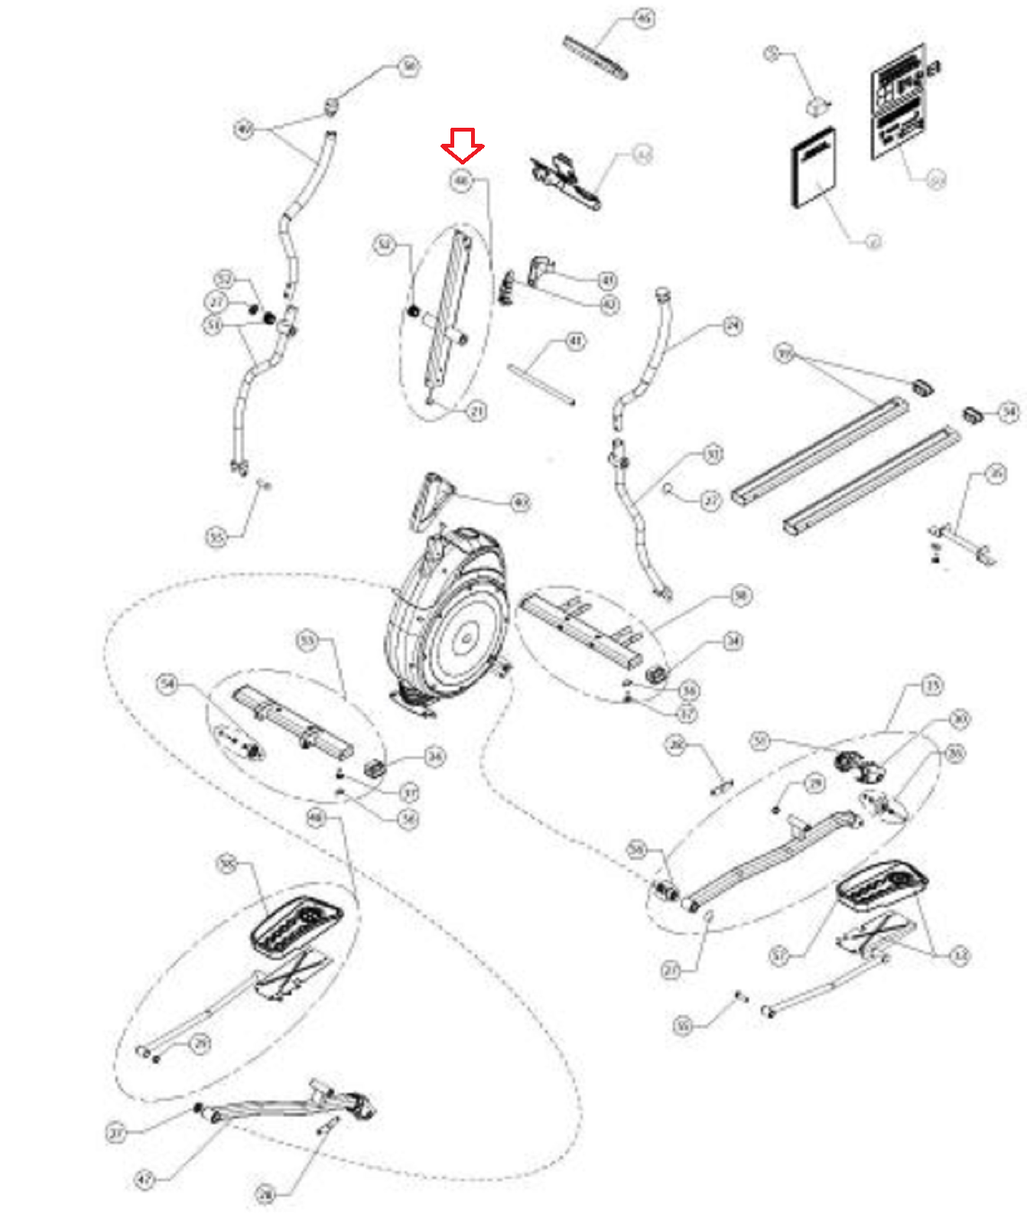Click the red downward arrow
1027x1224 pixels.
pos(462,145)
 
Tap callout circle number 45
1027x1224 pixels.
pos(645,18)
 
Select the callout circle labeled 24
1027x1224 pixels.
pos(733,327)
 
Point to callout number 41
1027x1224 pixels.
pos(575,340)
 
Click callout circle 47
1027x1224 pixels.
pos(145,1180)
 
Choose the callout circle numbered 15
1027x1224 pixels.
pos(932,685)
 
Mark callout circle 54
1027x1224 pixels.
pos(167,683)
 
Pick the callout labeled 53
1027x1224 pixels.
pos(307,640)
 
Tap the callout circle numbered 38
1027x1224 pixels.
pos(740,595)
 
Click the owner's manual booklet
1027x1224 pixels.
pos(813,168)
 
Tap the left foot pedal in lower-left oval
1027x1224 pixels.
pos(295,924)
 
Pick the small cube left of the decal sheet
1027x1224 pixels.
pos(819,105)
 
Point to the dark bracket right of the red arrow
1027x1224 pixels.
pos(565,181)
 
